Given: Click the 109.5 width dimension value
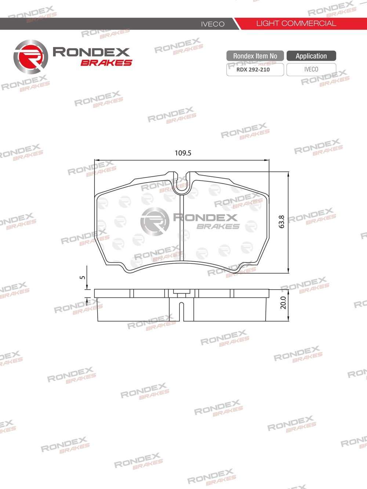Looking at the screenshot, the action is pyautogui.click(x=183, y=153).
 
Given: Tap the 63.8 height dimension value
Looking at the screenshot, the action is pyautogui.click(x=281, y=222).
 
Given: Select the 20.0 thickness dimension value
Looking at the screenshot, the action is pyautogui.click(x=283, y=302).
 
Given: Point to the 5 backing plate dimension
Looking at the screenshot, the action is pyautogui.click(x=83, y=277).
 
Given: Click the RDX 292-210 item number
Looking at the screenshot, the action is pyautogui.click(x=253, y=70).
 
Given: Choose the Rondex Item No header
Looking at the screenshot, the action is pyautogui.click(x=255, y=56).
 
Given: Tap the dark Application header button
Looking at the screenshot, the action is pyautogui.click(x=311, y=56).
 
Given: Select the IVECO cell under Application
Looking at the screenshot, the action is pyautogui.click(x=311, y=70).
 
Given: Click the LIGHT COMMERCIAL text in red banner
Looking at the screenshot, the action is pyautogui.click(x=296, y=23).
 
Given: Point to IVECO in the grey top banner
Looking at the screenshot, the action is pyautogui.click(x=213, y=24).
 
